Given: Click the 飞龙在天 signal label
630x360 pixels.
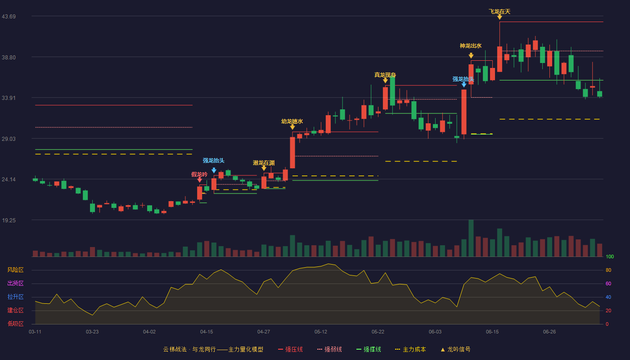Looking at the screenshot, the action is [499, 12].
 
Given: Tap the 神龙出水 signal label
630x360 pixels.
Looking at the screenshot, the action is [471, 46].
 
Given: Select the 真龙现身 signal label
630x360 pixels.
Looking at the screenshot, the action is [385, 75].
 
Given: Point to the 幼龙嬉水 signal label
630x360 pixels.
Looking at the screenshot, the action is [292, 121].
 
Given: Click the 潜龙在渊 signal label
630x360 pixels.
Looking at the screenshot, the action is [264, 163].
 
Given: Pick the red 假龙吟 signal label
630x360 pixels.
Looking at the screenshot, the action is [199, 175].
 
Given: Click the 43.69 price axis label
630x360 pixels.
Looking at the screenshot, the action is [9, 17].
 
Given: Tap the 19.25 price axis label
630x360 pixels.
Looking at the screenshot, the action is [9, 220].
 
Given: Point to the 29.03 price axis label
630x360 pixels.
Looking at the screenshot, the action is [9, 139].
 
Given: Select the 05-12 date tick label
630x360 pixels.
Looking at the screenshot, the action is [320, 332].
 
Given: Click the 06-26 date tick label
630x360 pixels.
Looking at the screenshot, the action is [549, 332].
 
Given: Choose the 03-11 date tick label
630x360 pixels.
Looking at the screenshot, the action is [35, 332].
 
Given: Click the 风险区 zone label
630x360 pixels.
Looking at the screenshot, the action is [15, 270].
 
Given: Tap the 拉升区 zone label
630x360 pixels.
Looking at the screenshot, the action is [15, 297].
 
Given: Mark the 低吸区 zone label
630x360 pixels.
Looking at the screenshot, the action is [15, 324].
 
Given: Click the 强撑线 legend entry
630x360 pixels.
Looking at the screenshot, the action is [369, 349].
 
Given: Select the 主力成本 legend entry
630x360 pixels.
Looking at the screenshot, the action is [410, 349].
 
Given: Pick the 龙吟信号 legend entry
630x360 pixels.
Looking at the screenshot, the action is [455, 349].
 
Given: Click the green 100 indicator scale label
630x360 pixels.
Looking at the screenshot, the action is [610, 256].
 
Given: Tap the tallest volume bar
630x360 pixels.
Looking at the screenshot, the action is [471, 238].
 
